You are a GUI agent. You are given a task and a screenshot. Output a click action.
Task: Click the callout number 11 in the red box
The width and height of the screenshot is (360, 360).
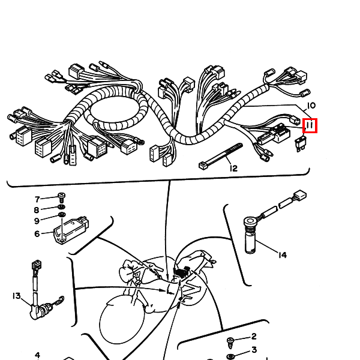coord(310,125)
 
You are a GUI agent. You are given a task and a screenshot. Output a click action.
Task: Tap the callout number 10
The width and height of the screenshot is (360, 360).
coord(311,106)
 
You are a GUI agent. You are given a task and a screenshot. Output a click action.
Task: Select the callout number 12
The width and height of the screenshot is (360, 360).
coord(233,168)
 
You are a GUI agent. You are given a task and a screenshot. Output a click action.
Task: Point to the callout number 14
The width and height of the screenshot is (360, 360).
coord(283,255)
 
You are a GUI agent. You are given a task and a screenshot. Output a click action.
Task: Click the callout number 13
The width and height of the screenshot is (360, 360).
coord(17,296)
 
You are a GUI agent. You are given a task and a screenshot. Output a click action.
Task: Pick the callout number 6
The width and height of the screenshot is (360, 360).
coord(37,234)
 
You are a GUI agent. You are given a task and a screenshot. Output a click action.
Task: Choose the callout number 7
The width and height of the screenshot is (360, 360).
coord(37,199)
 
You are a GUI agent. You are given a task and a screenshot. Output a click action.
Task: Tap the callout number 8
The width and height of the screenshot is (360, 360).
coord(37,210)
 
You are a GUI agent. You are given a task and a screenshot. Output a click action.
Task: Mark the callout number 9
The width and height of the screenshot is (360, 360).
coord(37,221)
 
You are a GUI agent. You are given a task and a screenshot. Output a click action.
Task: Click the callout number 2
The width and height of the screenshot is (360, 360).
coord(254,337)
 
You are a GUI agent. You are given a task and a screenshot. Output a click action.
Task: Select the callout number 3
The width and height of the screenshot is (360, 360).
coord(254,350)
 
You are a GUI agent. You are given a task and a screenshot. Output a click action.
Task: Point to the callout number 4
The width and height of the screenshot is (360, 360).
coord(37,355)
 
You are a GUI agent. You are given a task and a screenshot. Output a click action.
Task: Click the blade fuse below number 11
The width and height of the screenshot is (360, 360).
coord(300,143)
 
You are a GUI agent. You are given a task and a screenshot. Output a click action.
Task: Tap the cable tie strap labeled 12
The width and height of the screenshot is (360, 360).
coord(220,156)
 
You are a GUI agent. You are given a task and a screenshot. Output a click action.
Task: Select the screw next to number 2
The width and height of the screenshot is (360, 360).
coord(230,343)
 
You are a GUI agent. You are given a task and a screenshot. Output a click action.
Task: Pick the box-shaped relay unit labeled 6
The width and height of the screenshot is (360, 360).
coord(71,230)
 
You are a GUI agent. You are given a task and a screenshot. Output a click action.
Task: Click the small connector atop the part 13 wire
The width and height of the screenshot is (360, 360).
coord(36,265)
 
